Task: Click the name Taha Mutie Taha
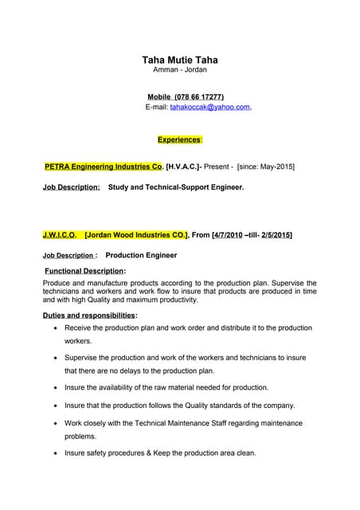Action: [179, 60]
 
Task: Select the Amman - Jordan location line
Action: [179, 70]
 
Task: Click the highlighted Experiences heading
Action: [179, 139]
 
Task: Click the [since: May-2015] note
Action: [266, 167]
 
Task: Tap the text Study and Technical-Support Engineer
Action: [175, 187]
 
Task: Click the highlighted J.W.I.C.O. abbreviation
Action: [59, 235]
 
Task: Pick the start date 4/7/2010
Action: [228, 235]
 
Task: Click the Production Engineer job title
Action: [141, 256]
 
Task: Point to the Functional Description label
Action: [84, 271]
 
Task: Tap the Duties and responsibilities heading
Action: [89, 316]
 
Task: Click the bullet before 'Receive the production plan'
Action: [54, 328]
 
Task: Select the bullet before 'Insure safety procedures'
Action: [54, 453]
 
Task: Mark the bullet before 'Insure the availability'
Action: [54, 388]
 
